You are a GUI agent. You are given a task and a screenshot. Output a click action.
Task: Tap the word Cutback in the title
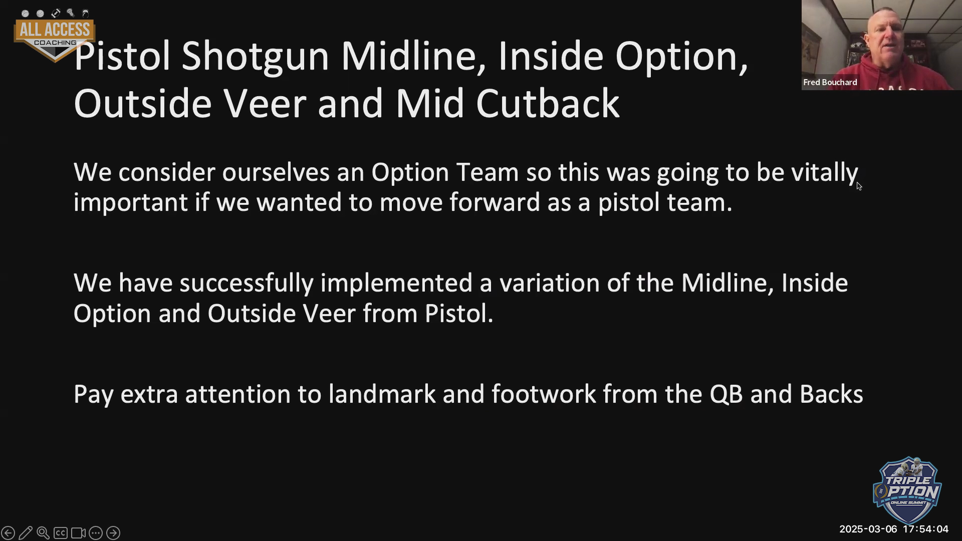[548, 104]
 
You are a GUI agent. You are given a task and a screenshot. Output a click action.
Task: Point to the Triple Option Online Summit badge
[907, 490]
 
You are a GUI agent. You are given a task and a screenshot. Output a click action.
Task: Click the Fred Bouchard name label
[830, 82]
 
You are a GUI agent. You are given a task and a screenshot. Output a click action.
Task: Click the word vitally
[825, 173]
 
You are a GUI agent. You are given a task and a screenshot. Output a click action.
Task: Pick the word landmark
[382, 394]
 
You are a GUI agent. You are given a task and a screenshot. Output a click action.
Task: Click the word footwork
[544, 394]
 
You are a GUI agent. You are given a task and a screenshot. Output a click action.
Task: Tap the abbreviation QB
[726, 395]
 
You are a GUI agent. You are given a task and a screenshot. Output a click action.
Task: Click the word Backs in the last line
[831, 394]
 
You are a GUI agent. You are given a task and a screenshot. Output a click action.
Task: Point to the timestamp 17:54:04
[925, 529]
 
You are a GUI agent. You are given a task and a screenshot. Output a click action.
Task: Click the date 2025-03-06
[868, 529]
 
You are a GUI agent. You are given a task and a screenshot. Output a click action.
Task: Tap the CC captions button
[61, 533]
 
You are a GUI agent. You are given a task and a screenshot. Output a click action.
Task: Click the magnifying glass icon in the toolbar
[43, 533]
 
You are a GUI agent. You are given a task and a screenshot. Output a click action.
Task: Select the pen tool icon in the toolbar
[26, 533]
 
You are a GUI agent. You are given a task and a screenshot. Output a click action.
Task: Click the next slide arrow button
[113, 533]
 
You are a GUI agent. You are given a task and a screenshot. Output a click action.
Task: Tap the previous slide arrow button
[8, 533]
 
